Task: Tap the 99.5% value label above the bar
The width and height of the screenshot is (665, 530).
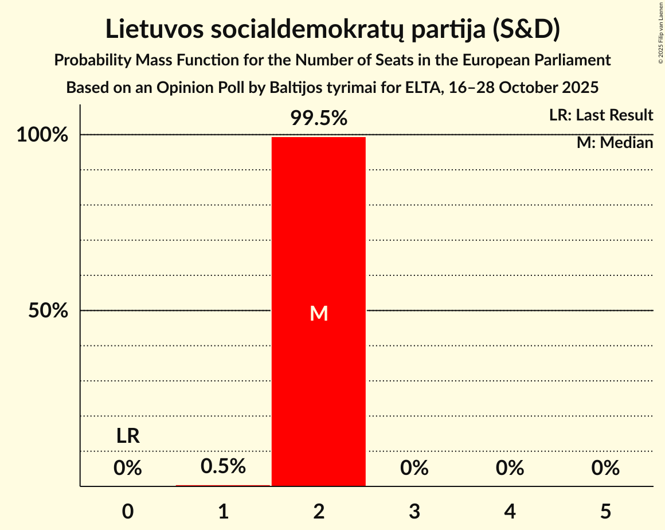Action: tap(319, 118)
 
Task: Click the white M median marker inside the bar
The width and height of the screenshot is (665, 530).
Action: tap(319, 313)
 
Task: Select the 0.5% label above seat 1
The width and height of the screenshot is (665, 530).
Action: tap(223, 466)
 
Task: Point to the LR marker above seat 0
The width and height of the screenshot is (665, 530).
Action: tap(128, 437)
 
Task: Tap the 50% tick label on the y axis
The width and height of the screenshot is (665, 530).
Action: tap(49, 311)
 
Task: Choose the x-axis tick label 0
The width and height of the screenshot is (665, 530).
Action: tap(128, 511)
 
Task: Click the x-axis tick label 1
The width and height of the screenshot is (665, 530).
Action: tap(223, 511)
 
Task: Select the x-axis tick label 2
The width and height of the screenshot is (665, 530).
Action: tap(319, 511)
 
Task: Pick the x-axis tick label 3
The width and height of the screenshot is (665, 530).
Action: tap(414, 511)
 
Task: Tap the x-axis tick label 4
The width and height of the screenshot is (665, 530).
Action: tap(510, 511)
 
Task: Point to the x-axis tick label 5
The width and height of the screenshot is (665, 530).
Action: tap(605, 511)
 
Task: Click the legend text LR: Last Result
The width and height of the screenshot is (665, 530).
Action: tap(601, 115)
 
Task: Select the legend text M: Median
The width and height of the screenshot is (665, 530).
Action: tap(615, 143)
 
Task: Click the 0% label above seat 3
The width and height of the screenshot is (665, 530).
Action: tap(414, 469)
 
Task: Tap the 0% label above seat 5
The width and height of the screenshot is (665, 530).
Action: tap(605, 469)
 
